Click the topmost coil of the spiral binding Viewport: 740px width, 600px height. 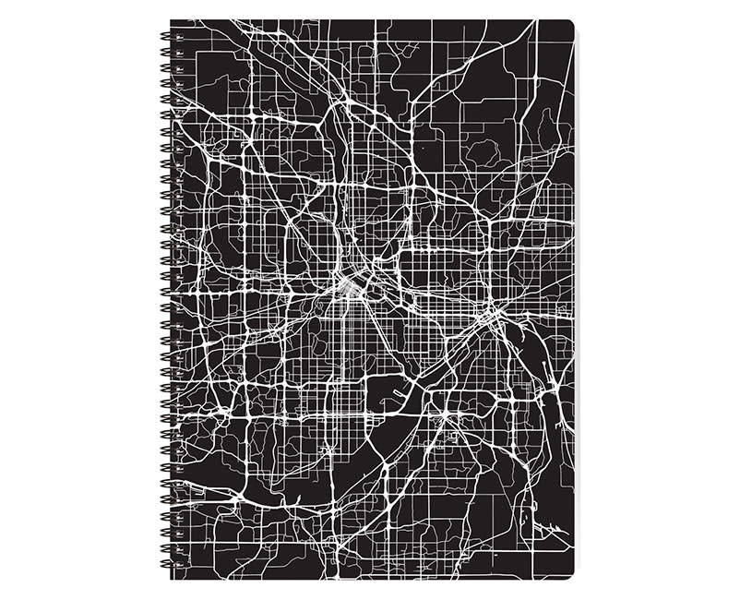(x=165, y=36)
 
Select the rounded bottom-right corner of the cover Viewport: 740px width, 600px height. (x=569, y=574)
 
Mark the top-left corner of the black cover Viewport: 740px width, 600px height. (x=173, y=21)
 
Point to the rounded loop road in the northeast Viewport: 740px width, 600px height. (x=480, y=148)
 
